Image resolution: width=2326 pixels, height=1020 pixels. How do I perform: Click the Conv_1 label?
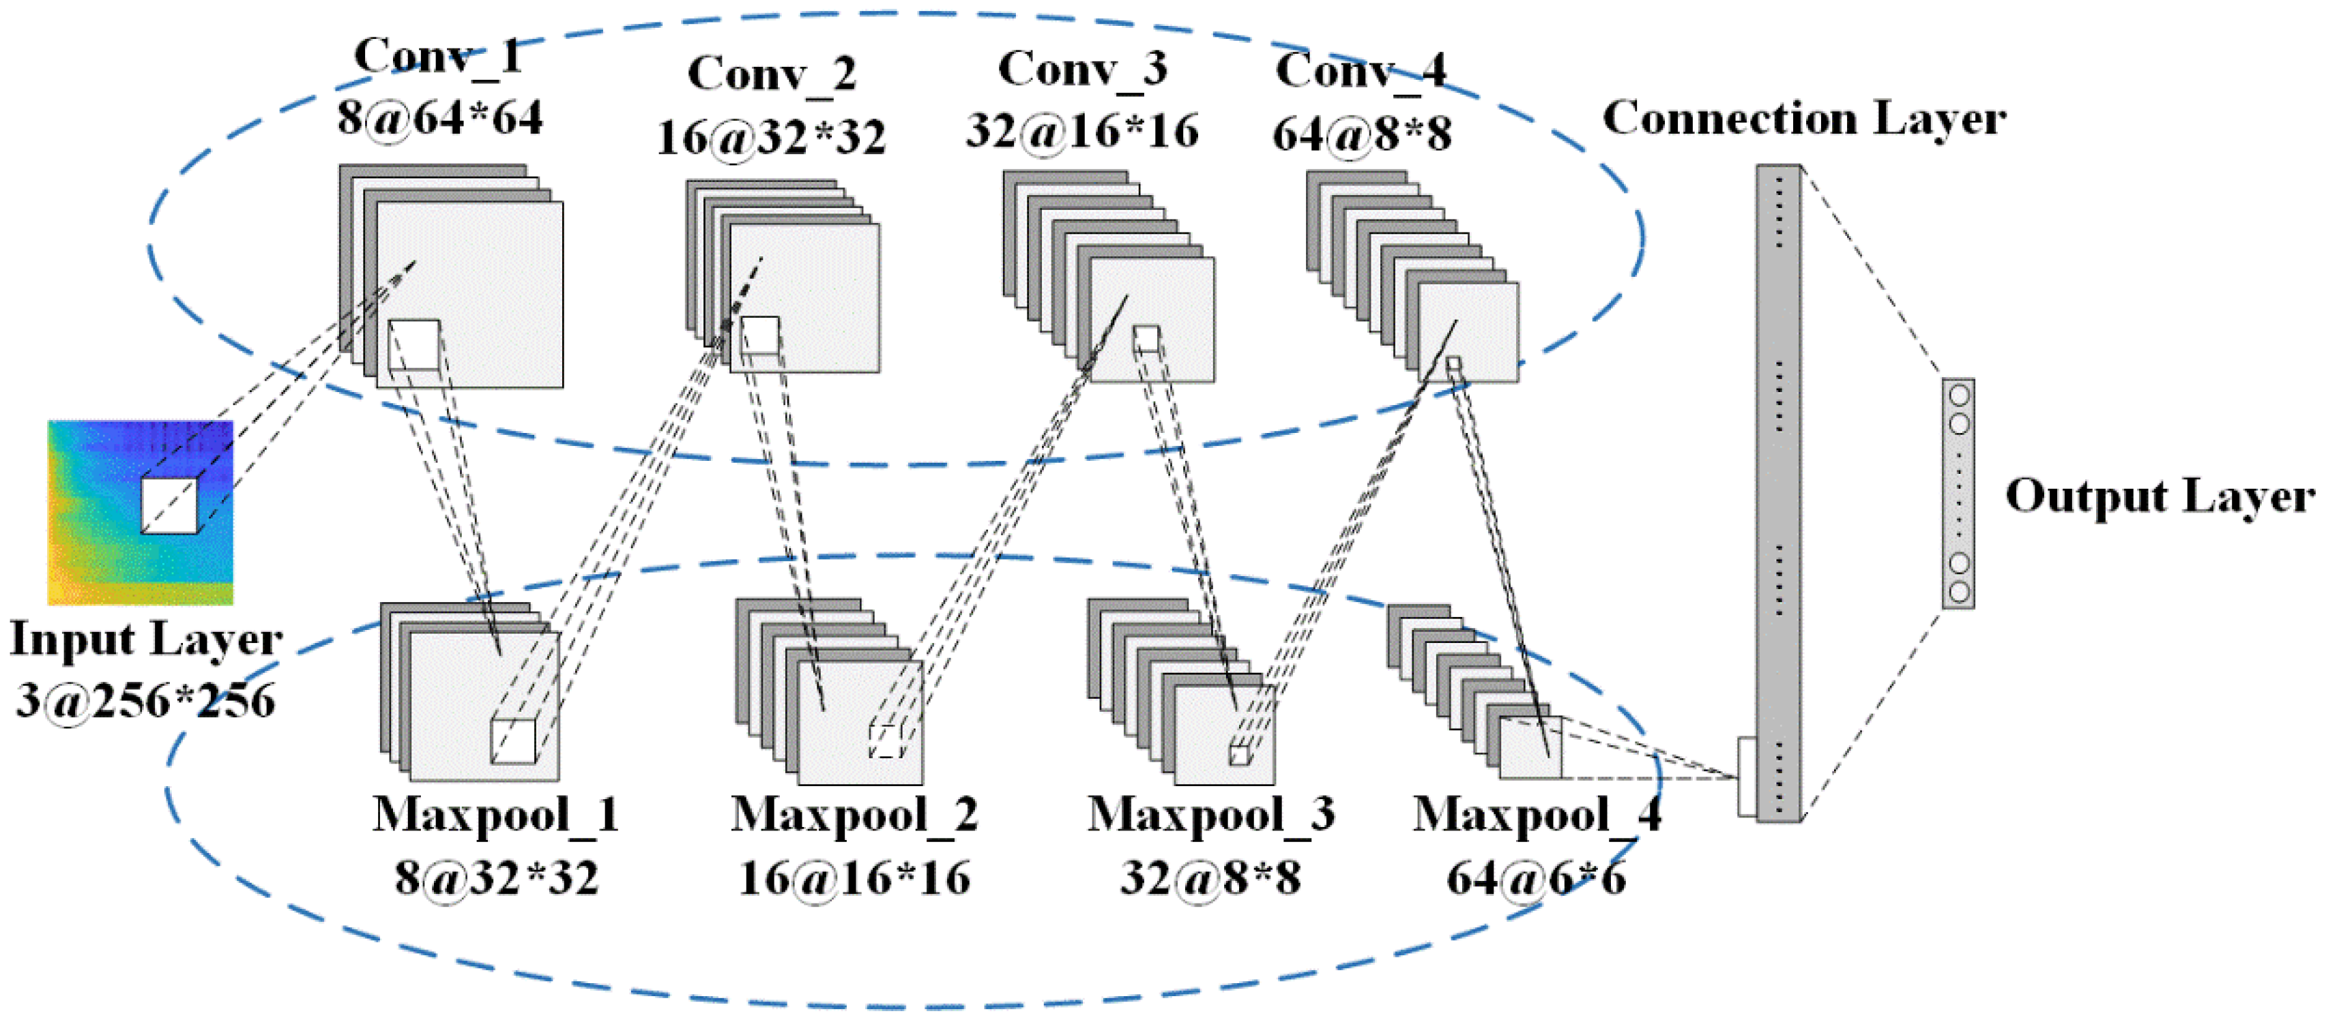click(438, 56)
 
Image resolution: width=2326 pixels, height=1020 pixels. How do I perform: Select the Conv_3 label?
click(1081, 69)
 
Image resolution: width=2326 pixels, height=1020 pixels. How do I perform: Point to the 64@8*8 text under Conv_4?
click(1362, 134)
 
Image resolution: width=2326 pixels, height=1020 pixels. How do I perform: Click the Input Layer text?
click(145, 639)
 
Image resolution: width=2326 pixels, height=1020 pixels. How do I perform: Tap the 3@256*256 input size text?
click(145, 700)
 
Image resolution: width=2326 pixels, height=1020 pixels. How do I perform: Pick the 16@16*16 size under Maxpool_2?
click(854, 877)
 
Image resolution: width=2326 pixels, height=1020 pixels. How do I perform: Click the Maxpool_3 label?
click(1210, 814)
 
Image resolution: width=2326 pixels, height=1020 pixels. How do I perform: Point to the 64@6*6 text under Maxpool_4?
click(1536, 877)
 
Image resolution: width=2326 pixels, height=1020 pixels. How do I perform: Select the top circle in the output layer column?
click(1958, 395)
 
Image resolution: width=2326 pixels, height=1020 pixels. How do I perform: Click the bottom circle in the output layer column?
click(1958, 592)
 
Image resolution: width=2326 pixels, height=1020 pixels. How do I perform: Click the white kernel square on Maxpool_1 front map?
click(513, 741)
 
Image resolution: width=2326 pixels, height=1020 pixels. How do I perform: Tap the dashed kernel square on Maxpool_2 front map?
click(886, 740)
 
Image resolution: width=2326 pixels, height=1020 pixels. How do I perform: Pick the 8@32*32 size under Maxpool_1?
click(496, 877)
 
